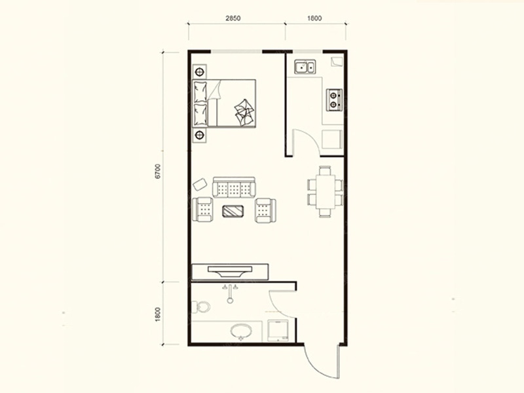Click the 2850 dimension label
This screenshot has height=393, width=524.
pos(233,18)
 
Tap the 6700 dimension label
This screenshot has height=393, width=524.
pos(158,171)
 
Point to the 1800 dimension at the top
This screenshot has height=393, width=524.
pos(314,18)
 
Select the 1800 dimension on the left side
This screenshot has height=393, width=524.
pos(158,314)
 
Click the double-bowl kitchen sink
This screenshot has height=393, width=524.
pos(305,67)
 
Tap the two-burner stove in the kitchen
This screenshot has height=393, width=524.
pos(334,100)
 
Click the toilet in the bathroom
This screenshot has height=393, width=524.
pos(201,307)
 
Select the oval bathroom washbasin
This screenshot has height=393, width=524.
pos(241,331)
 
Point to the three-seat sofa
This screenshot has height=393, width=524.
pos(234,187)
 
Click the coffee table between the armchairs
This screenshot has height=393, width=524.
pos(233,211)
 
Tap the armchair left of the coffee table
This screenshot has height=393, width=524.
pos(202,210)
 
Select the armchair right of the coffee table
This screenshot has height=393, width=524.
pos(266,210)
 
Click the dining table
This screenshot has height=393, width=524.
pos(326,192)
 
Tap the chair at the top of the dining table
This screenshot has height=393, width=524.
pos(325,170)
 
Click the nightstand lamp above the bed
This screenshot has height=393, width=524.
pos(200,71)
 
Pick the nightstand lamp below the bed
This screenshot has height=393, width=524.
pos(200,135)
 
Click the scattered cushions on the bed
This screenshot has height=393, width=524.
pos(244,112)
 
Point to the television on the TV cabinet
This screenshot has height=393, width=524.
pos(231,271)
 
